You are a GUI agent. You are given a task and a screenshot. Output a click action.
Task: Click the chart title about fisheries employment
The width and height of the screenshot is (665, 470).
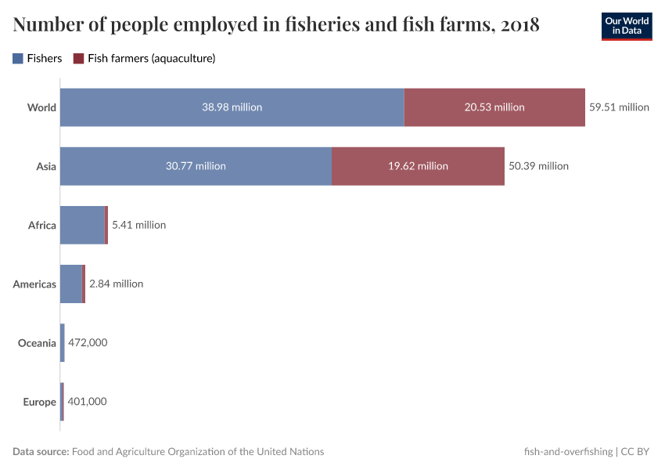pos(275,25)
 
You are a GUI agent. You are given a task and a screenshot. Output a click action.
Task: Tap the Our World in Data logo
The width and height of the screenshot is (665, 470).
pos(626,25)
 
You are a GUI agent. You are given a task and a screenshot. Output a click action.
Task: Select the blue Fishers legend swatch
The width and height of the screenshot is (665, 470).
pos(18,59)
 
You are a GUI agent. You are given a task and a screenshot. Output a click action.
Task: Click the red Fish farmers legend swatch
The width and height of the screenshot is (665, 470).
pos(78,59)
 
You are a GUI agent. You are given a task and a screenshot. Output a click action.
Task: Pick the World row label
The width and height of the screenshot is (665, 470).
pos(41,107)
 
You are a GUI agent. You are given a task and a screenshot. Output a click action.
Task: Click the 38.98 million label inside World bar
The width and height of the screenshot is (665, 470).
pos(232,107)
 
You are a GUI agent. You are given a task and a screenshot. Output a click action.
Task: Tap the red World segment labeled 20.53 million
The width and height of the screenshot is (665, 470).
pos(494,107)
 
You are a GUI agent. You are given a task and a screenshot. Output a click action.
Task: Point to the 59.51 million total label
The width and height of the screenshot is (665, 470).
pos(619,107)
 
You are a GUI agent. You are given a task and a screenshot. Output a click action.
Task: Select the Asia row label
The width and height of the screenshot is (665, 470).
pos(46,166)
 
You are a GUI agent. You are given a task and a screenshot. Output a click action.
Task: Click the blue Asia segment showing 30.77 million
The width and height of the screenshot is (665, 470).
pos(196,166)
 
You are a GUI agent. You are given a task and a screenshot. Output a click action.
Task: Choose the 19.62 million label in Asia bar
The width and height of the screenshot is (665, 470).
pos(418,166)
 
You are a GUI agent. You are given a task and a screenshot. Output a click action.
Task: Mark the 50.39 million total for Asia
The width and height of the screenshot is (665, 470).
pos(538,166)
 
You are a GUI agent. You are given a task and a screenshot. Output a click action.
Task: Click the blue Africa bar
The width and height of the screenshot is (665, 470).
pos(81,225)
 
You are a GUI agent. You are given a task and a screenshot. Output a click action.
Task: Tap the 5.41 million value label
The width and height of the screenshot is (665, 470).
pos(139,225)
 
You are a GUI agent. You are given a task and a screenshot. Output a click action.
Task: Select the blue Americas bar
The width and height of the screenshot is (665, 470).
pos(70,284)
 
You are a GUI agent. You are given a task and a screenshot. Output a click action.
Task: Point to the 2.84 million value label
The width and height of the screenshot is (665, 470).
pos(117,284)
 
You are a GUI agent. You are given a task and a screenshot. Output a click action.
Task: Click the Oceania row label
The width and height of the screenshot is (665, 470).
pos(38,343)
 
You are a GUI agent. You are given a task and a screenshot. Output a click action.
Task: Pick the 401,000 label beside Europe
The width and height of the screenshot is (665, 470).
pos(87,402)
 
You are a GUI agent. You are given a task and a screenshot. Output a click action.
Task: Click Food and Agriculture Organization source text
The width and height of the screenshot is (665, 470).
pos(198,452)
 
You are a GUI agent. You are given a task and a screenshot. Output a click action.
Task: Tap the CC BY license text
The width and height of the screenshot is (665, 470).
pos(635,452)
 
